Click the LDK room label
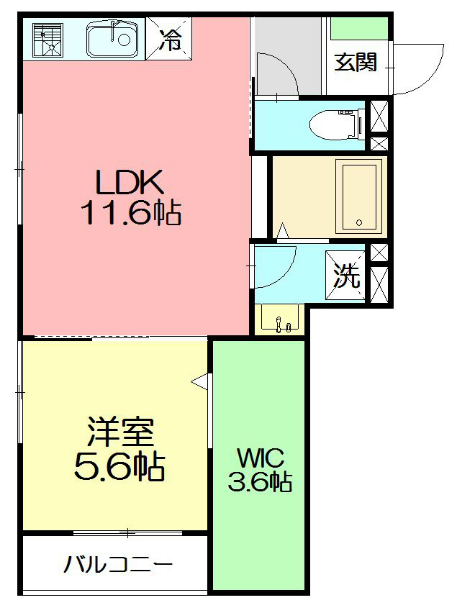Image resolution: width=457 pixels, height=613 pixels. [131, 183]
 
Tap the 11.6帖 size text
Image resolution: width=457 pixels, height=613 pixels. [131, 213]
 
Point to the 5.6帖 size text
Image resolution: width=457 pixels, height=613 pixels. [119, 468]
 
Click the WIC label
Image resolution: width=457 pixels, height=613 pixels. [260, 457]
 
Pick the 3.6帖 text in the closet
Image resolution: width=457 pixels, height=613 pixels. [260, 481]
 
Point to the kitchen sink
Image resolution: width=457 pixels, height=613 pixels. [112, 40]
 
